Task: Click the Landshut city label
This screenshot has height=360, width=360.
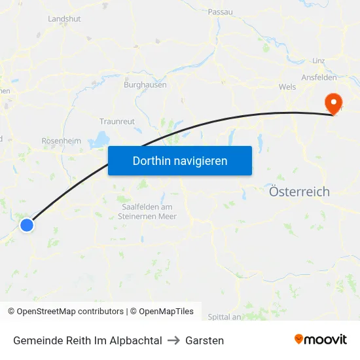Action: (x=64, y=19)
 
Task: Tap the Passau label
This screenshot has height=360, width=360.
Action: (x=220, y=12)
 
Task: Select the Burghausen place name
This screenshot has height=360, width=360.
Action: (x=145, y=84)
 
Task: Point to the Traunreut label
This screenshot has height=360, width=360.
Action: (x=117, y=122)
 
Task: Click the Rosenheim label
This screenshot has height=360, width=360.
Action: (x=61, y=141)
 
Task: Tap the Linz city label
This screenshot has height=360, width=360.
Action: (x=319, y=61)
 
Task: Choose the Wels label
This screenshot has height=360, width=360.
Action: (x=287, y=86)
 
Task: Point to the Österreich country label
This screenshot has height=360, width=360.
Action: (x=299, y=192)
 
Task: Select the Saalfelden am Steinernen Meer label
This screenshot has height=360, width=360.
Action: (x=147, y=211)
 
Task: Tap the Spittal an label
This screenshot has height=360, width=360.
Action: (x=225, y=317)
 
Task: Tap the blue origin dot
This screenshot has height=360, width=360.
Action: (x=27, y=225)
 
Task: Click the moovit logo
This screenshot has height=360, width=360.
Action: (x=321, y=339)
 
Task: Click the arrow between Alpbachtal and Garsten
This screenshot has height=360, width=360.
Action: (x=173, y=340)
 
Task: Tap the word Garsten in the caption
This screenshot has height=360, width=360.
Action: (x=204, y=340)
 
